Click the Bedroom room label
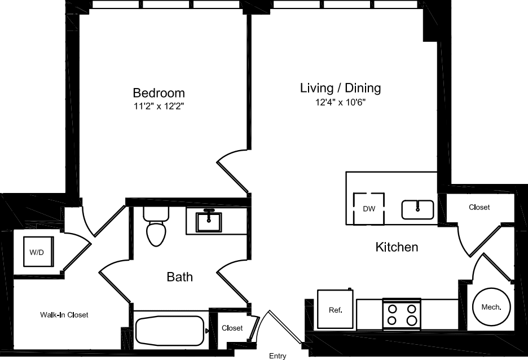(159, 93)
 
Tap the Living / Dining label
(340, 88)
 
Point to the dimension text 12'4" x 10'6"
(340, 102)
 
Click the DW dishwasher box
(369, 209)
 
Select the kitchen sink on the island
(418, 209)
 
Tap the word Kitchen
(397, 247)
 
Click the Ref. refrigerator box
(335, 309)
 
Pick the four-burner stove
(401, 315)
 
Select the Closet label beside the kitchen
(479, 207)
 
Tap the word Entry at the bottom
(278, 355)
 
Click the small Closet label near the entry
(232, 328)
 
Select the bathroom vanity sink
(209, 221)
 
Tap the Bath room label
(179, 276)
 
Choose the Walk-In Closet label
(64, 315)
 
